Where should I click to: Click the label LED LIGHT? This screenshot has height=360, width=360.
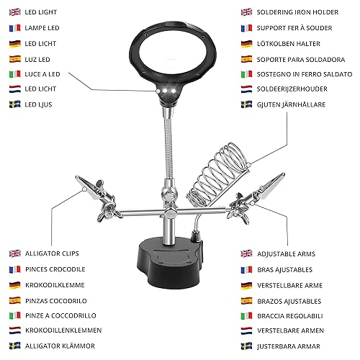[41, 12]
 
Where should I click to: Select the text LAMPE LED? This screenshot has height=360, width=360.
[42, 28]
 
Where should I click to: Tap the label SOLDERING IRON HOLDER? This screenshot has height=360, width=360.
[297, 12]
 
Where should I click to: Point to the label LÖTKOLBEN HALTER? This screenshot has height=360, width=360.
[289, 44]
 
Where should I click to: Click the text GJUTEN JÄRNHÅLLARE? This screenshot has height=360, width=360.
[291, 104]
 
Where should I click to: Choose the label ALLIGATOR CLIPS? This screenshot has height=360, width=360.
[52, 253]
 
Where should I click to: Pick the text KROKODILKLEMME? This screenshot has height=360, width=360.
[55, 285]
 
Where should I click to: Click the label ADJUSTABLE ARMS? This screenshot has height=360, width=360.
[286, 254]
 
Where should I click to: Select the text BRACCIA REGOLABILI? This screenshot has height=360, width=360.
[290, 316]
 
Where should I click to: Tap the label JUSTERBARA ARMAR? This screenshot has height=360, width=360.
[289, 346]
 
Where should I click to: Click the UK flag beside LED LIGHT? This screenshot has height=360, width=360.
[15, 12]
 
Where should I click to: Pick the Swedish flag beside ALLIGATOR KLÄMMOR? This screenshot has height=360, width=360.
[15, 346]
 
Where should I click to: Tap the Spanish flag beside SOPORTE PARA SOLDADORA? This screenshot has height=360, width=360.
[247, 59]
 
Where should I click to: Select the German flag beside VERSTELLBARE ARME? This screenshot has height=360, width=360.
[247, 285]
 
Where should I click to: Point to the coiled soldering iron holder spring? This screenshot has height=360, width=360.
[218, 175]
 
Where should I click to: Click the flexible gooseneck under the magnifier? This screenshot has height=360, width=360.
[168, 144]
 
